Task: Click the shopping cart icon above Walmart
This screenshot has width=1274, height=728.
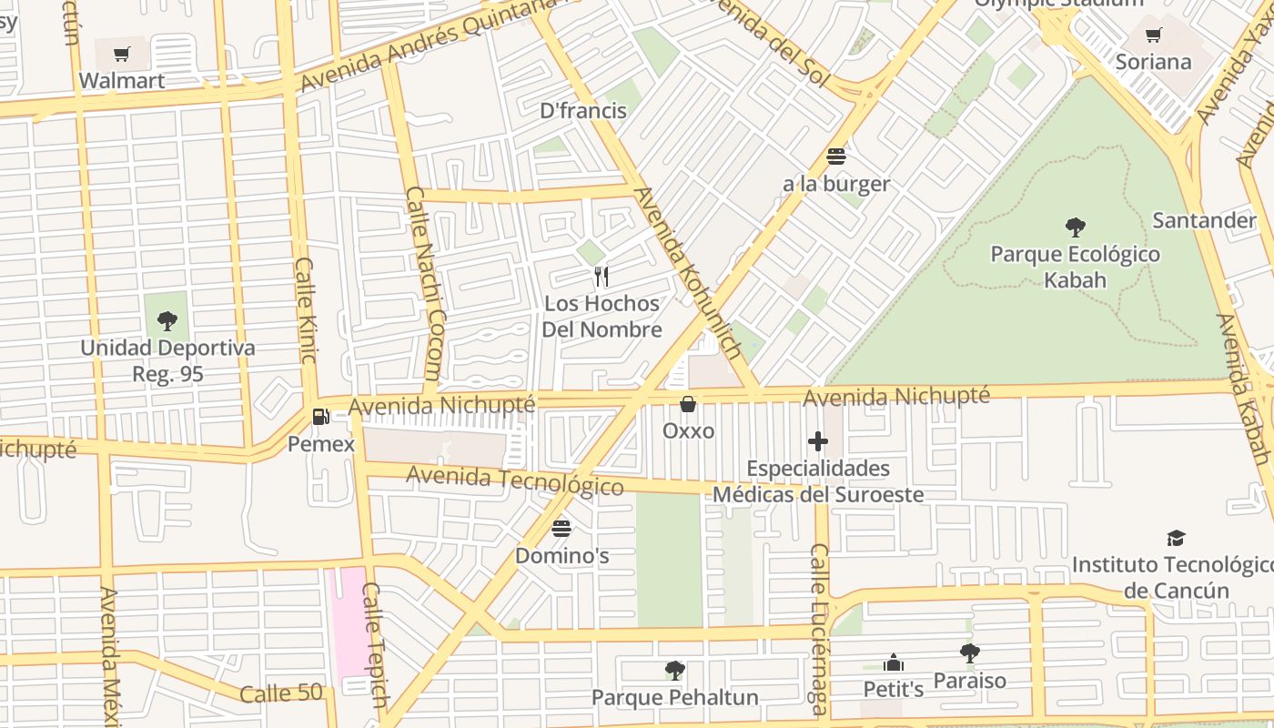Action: [x=122, y=54]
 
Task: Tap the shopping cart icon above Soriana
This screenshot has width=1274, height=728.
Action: [x=1153, y=35]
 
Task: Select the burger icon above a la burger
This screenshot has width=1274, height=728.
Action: [x=836, y=157]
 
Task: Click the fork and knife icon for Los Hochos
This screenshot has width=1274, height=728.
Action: [x=601, y=276]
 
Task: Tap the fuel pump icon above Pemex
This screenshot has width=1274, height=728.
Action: [x=320, y=417]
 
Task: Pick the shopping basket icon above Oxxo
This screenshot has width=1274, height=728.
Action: [x=688, y=403]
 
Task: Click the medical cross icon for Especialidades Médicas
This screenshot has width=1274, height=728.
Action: [x=818, y=442]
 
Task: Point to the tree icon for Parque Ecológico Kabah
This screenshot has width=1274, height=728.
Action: [x=1075, y=227]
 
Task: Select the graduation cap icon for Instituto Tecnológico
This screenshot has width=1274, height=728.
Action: [x=1176, y=538]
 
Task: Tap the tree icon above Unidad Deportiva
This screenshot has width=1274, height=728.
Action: [x=167, y=320]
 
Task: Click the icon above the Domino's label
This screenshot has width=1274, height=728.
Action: [x=561, y=529]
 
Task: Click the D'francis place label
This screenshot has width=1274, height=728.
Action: [x=583, y=111]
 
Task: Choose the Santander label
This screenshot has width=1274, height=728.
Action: [x=1204, y=220]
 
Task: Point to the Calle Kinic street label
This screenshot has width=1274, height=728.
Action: [x=305, y=310]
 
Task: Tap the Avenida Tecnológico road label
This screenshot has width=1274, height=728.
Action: [x=514, y=480]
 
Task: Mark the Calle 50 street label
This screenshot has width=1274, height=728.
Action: [x=281, y=693]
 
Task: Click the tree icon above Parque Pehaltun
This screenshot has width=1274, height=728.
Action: [x=674, y=671]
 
